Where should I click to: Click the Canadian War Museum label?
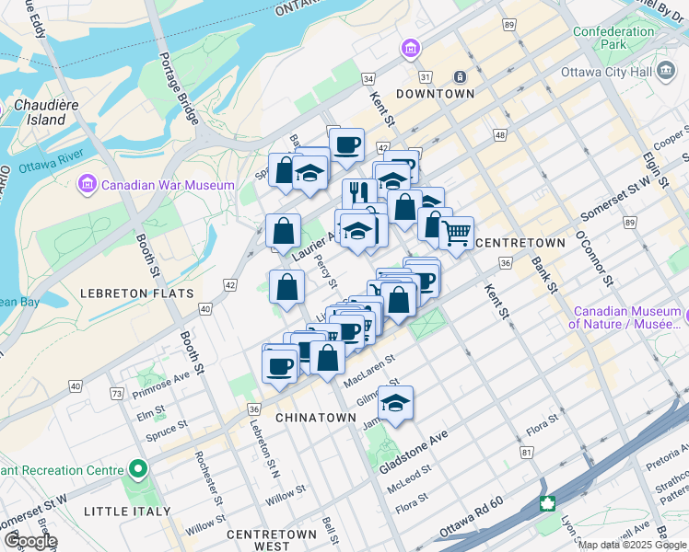click(168, 185)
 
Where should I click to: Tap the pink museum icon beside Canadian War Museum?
click(88, 185)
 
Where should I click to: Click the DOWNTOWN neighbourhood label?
click(436, 94)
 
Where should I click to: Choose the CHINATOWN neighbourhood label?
click(316, 418)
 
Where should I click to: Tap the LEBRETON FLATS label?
click(136, 293)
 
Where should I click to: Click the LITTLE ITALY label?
click(127, 511)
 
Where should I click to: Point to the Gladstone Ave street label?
click(414, 450)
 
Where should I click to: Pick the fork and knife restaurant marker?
click(356, 192)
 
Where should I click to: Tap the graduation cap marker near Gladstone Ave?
click(396, 402)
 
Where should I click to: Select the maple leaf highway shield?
click(548, 503)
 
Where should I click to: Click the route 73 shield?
click(117, 395)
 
